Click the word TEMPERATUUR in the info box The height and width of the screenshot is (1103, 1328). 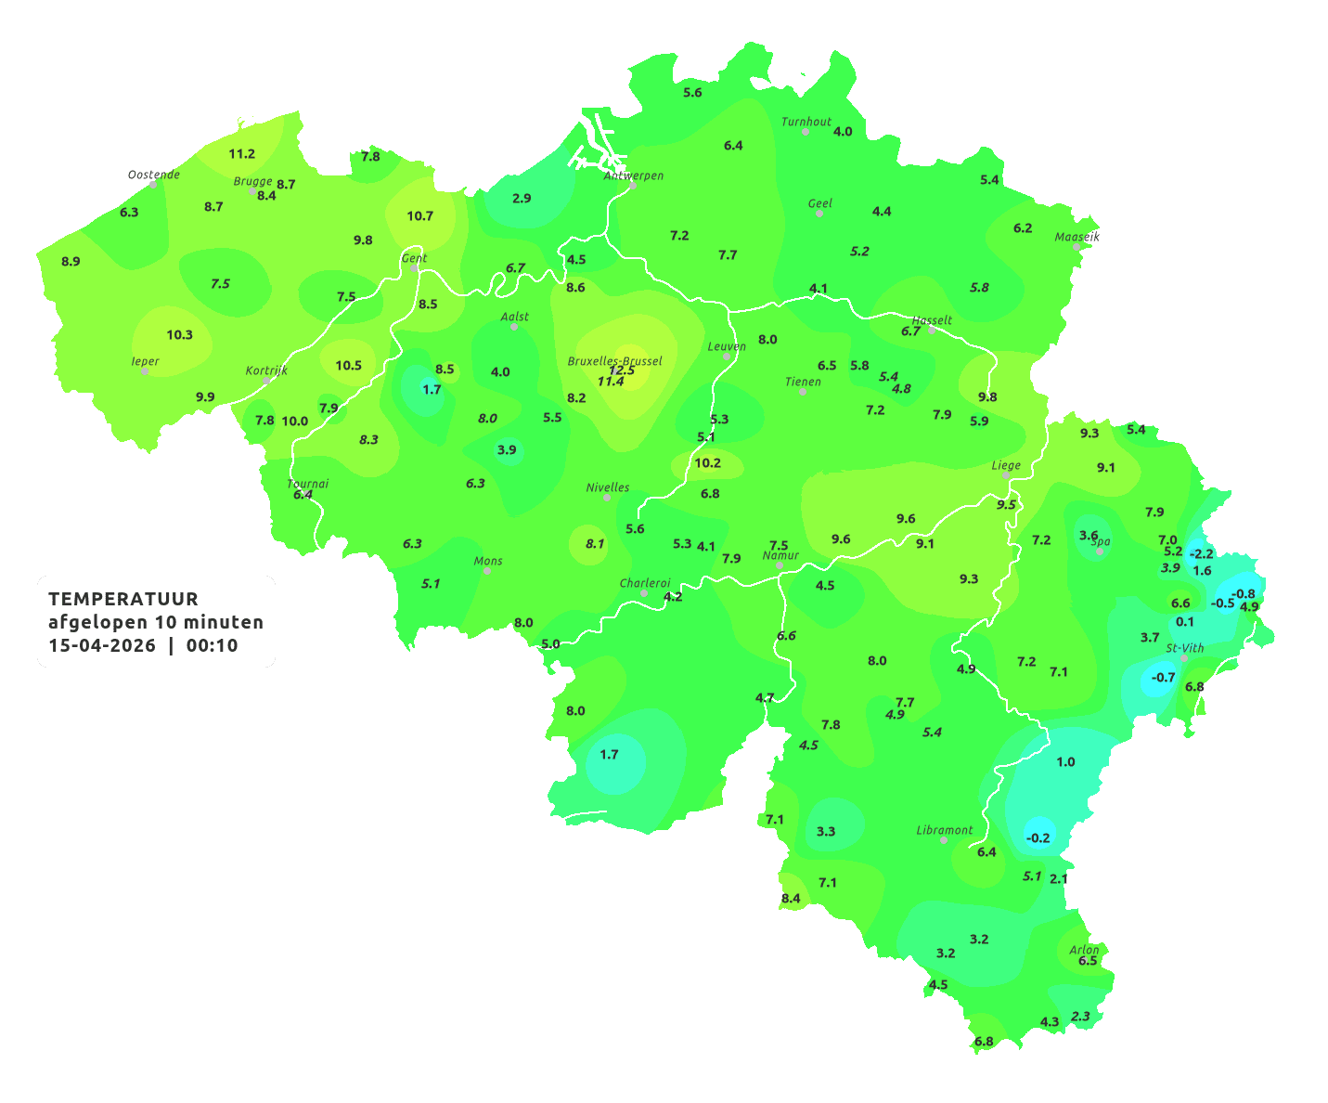122,599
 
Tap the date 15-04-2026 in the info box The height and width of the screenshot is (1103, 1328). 102,646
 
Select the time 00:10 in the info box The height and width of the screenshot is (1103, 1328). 212,646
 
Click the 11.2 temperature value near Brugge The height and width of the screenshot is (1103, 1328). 241,154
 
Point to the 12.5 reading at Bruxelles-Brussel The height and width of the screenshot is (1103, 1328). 622,370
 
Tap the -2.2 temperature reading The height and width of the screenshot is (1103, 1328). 1201,554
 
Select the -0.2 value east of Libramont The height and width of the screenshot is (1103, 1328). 1038,837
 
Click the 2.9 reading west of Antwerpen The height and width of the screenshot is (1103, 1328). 522,199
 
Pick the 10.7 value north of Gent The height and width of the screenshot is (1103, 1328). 419,216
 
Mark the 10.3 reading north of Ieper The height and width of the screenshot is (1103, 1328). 179,335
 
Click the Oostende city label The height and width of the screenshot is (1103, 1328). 153,175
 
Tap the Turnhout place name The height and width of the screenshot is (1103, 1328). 806,122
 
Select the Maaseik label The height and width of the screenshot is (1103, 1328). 1077,237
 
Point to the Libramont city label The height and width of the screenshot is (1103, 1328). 944,830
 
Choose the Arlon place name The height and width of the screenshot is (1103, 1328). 1083,950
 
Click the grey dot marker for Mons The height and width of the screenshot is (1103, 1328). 487,571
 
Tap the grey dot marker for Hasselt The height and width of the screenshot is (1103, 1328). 932,331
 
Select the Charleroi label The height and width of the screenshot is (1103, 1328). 644,583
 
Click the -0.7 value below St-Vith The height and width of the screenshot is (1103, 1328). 1163,678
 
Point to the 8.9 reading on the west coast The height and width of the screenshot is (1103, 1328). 71,262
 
